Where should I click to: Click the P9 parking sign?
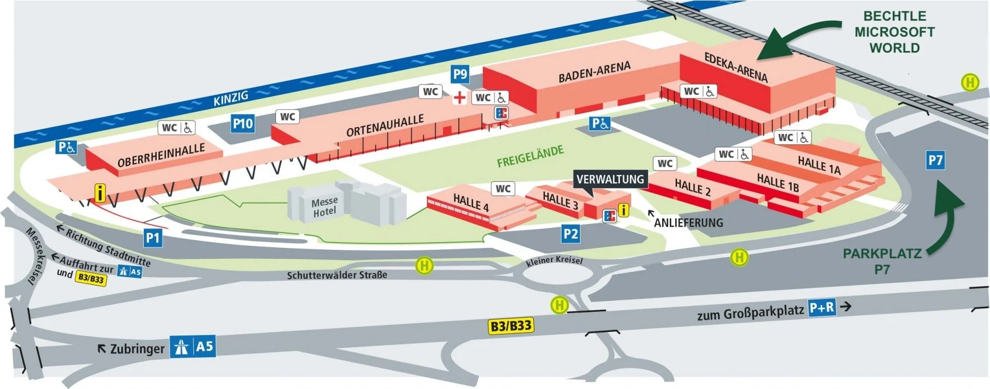tap(460, 74)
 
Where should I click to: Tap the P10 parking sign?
tap(242, 124)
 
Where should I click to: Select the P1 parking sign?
tap(153, 238)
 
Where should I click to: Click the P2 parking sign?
tap(570, 234)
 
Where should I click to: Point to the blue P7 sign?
tap(935, 160)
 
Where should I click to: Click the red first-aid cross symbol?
tap(459, 97)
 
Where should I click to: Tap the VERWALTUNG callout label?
tap(610, 179)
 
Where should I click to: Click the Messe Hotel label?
tap(324, 207)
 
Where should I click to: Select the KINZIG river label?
tap(231, 98)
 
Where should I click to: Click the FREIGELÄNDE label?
tap(530, 157)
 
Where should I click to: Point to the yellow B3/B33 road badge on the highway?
tap(510, 326)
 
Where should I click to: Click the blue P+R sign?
tap(822, 308)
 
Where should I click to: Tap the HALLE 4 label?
tap(470, 202)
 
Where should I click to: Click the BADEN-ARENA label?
tap(594, 72)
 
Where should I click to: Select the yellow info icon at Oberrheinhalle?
tap(100, 193)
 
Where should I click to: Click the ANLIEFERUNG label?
tap(688, 223)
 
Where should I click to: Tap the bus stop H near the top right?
tap(970, 82)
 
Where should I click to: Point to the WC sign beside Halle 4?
tap(503, 189)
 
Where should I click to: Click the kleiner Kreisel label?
tap(554, 260)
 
